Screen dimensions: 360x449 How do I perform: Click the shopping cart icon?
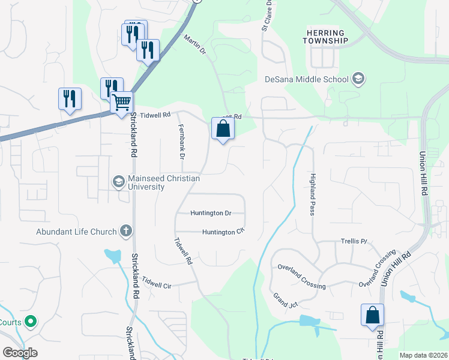[122, 103]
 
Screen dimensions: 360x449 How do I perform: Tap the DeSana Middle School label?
[307, 79]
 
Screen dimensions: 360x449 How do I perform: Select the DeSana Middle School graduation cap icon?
[358, 79]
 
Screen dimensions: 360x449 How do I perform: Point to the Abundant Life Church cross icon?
[126, 230]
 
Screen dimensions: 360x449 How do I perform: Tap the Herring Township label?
[327, 36]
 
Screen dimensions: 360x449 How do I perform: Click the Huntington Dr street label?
[211, 213]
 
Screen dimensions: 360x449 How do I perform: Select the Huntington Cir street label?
[223, 232]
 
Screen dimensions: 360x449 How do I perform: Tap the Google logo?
[20, 353]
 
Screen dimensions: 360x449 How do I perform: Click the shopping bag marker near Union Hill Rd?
[372, 316]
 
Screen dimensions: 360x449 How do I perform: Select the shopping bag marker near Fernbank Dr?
[223, 128]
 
